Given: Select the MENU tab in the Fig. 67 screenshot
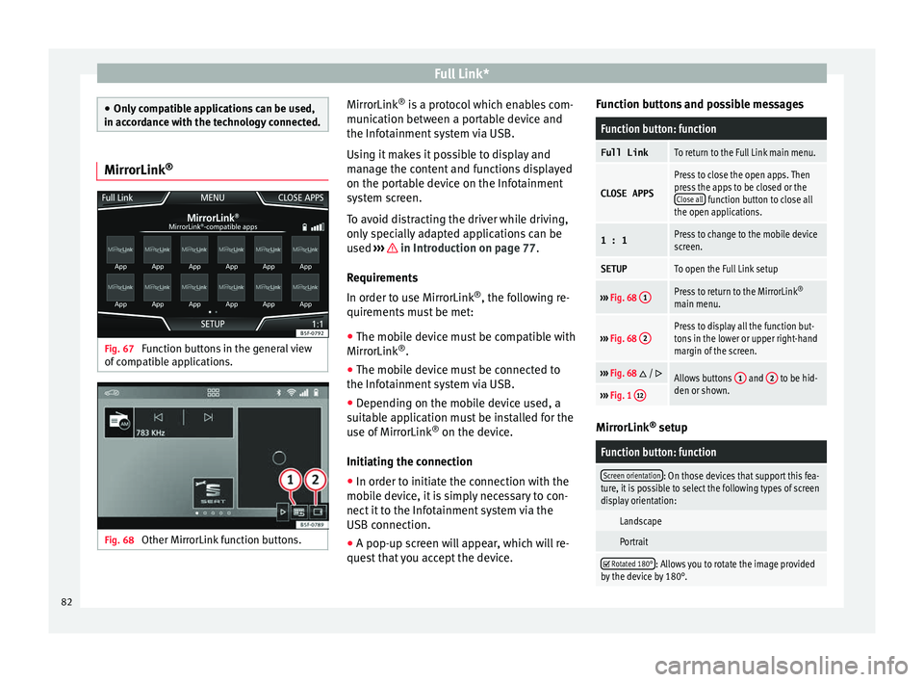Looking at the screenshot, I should click(x=213, y=198).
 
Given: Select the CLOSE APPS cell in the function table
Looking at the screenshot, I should click(x=626, y=193).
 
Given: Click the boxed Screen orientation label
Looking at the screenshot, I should click(x=630, y=475).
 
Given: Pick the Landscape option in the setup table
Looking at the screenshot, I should click(x=640, y=520).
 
